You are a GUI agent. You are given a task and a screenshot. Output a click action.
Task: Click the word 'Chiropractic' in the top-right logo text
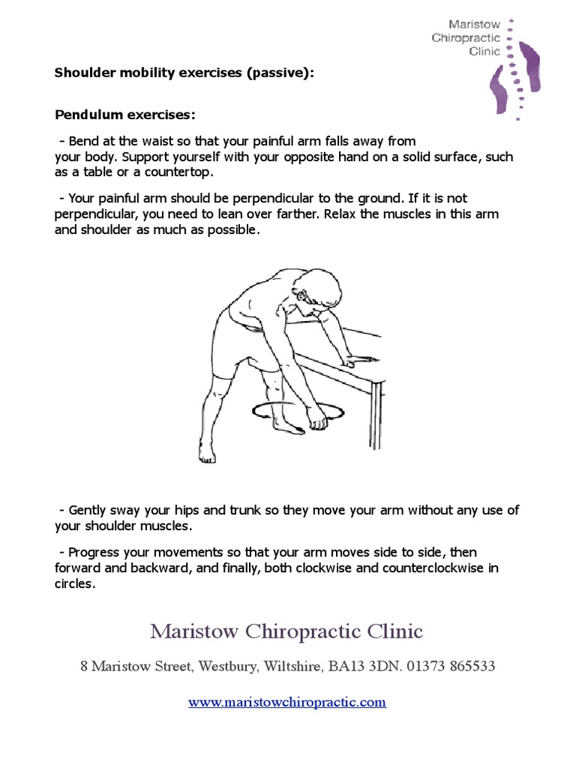pyautogui.click(x=466, y=37)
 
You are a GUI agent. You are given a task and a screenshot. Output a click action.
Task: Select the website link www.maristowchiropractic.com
pyautogui.click(x=287, y=703)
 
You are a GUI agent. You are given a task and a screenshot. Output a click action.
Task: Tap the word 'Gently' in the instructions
pyautogui.click(x=90, y=510)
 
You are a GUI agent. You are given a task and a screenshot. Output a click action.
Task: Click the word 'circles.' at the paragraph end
pyautogui.click(x=75, y=584)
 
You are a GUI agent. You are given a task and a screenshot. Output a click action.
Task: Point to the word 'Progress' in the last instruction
pyautogui.click(x=94, y=552)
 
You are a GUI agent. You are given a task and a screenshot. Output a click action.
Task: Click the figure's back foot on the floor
pyautogui.click(x=207, y=453)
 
